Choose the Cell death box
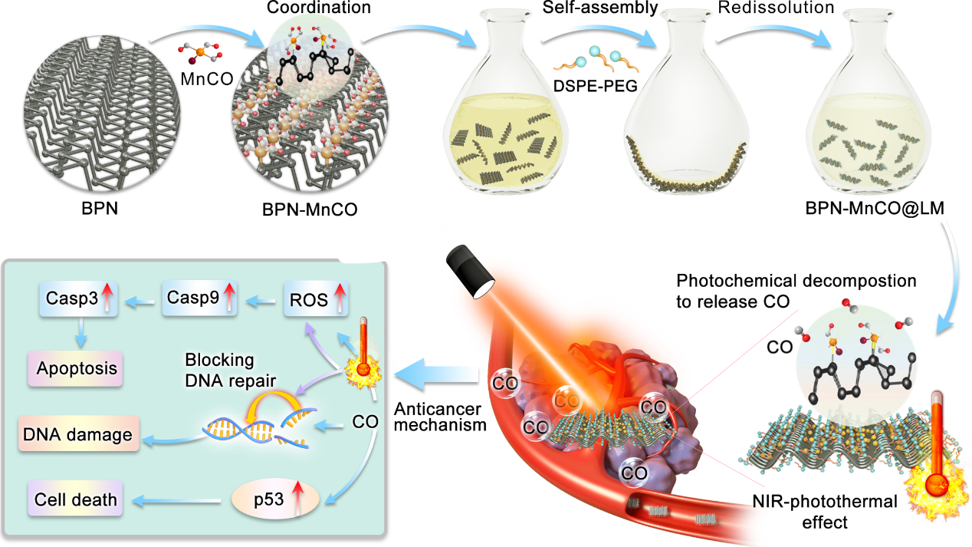click(76, 500)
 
